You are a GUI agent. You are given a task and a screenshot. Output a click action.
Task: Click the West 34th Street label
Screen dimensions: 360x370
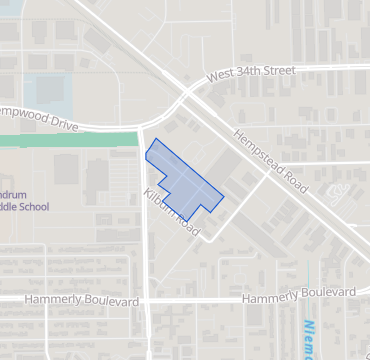pyautogui.click(x=253, y=74)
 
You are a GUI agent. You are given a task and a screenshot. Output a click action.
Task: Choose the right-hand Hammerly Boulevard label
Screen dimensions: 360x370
pyautogui.click(x=299, y=294)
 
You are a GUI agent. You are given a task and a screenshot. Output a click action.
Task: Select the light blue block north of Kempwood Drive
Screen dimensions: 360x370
pyautogui.click(x=45, y=94)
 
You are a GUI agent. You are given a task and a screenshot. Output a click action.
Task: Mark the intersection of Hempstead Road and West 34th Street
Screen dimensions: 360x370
pyautogui.click(x=188, y=91)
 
